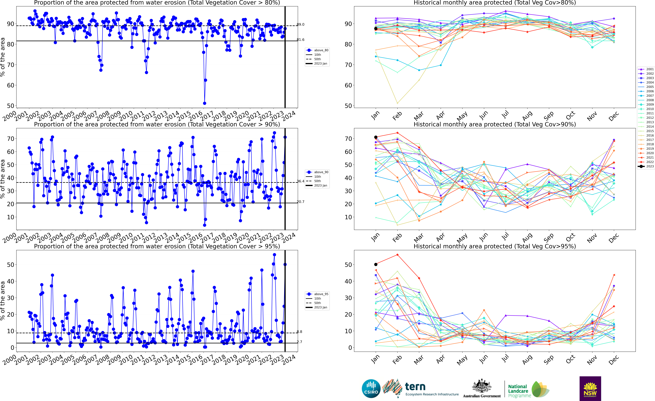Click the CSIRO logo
point(371,388)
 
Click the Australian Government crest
point(482,386)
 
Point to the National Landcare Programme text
point(518,391)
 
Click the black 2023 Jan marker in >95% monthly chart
point(376,264)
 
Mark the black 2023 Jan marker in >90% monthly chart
point(376,137)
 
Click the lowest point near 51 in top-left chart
point(204,103)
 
